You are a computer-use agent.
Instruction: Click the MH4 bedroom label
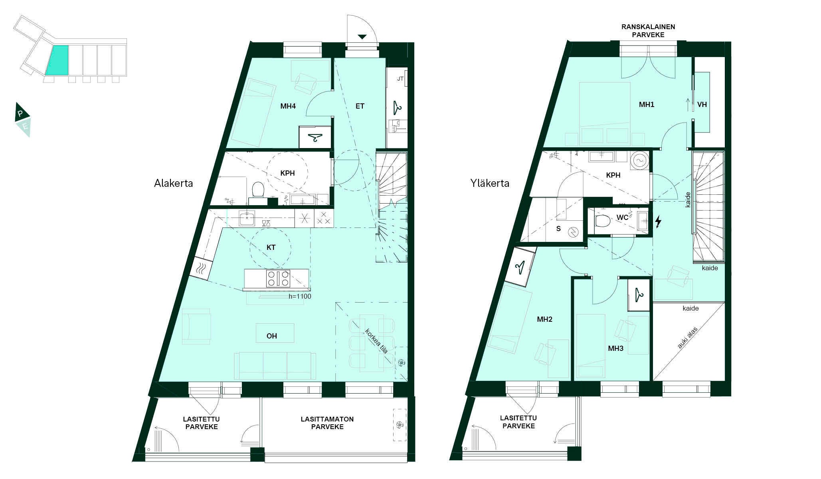click(288, 106)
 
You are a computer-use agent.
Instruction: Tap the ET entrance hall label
click(360, 106)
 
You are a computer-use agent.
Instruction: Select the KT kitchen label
click(271, 247)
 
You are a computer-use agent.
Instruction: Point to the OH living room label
click(272, 336)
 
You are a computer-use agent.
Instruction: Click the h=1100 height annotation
click(300, 296)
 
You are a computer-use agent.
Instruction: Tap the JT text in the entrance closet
click(400, 79)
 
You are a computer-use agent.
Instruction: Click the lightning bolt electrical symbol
click(658, 222)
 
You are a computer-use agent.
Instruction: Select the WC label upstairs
click(623, 218)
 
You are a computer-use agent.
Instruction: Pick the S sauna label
click(558, 229)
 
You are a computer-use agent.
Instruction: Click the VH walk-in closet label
click(702, 105)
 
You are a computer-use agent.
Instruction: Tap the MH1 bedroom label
click(647, 105)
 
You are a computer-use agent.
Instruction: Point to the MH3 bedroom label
click(615, 348)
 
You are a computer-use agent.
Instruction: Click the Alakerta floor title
click(174, 183)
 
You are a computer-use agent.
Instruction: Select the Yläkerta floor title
click(490, 183)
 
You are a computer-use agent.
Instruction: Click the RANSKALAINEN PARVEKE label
click(648, 31)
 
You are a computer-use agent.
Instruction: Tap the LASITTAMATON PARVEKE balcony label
click(327, 423)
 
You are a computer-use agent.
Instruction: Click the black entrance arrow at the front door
click(362, 37)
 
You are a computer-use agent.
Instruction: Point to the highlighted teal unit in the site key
click(57, 60)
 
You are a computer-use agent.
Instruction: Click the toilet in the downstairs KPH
click(258, 189)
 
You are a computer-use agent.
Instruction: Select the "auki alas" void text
click(688, 338)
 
